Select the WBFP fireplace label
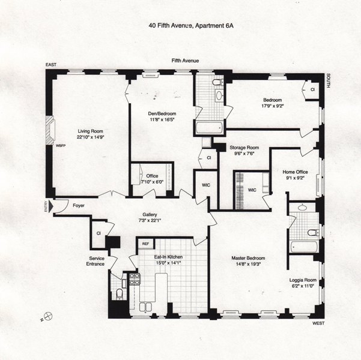60,145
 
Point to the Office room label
152,176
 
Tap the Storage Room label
244,148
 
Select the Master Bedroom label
252,259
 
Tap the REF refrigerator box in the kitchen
145,244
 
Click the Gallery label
150,215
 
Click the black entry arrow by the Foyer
56,206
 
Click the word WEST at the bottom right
319,323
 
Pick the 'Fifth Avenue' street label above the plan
185,61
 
